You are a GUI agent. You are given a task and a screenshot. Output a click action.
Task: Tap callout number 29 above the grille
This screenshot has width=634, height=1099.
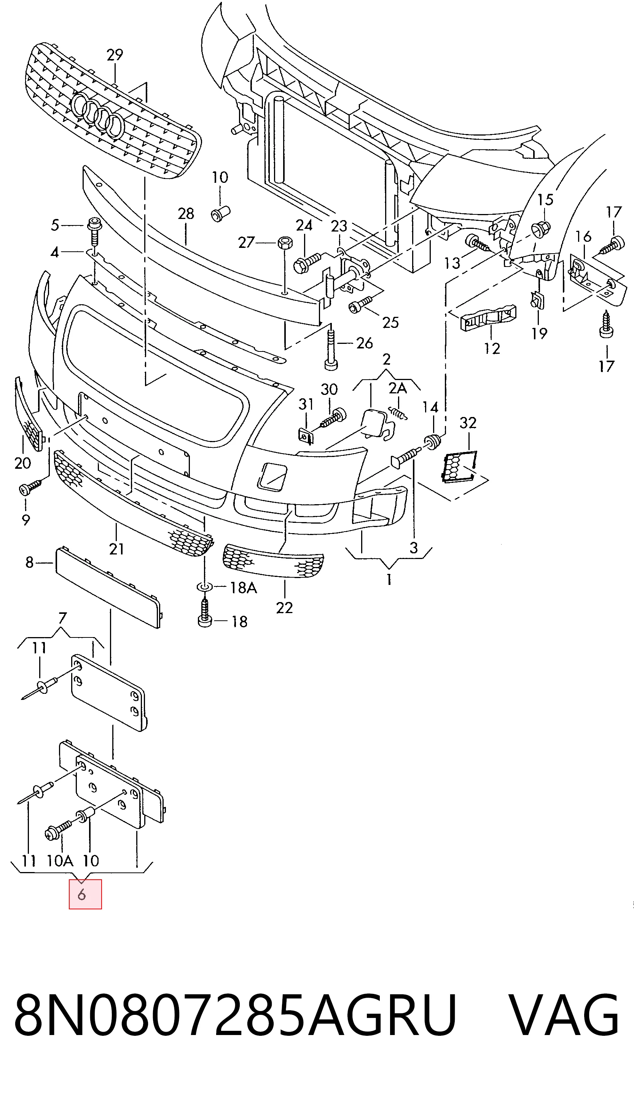coord(115,55)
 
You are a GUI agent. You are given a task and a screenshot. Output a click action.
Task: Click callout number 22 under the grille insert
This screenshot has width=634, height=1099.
coord(284,608)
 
